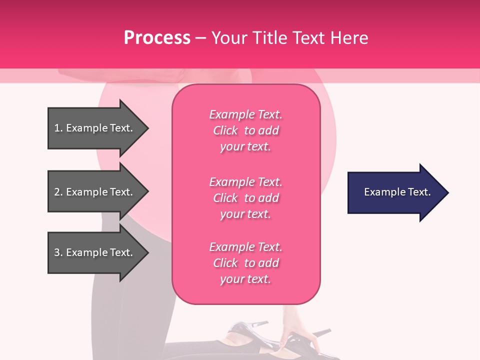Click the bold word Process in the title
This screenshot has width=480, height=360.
click(157, 38)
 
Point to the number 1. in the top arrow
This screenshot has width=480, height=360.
click(58, 128)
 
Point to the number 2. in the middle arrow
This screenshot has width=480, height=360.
click(58, 192)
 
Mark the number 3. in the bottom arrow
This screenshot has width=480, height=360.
click(58, 252)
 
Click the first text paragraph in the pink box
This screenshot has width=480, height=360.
click(245, 130)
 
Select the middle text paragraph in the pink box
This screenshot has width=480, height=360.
click(245, 198)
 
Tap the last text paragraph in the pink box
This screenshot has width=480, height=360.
click(245, 263)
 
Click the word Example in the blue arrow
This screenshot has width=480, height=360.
click(380, 192)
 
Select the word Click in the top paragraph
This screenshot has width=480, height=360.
click(225, 130)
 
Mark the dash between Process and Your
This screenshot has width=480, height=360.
click(200, 38)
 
